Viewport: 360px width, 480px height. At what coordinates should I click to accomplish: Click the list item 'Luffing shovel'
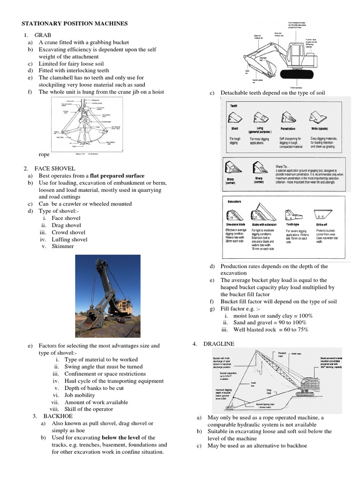pos(69,239)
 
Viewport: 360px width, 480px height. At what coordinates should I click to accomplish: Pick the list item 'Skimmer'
pos(63,246)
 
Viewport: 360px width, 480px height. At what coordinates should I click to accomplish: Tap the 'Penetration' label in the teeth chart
pos(288,128)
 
